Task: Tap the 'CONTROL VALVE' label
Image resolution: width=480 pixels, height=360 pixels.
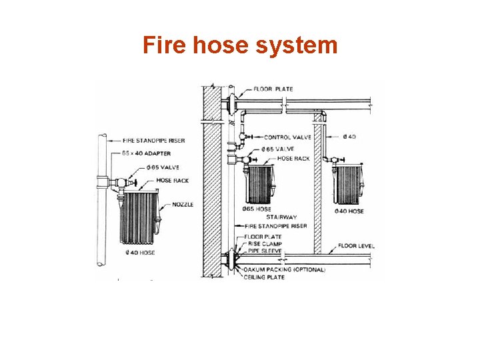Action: [287, 137]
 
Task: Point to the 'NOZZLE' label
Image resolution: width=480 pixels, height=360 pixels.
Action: [183, 205]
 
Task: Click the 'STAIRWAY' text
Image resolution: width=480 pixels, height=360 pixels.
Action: [281, 217]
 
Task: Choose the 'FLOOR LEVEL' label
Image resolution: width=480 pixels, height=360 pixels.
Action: [357, 246]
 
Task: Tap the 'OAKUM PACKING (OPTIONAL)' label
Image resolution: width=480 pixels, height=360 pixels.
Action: [285, 270]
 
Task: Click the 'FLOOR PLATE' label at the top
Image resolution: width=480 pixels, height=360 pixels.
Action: [273, 89]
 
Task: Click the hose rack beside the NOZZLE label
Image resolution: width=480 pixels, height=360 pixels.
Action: [139, 217]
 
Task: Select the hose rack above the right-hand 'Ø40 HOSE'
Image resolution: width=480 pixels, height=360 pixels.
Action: [349, 185]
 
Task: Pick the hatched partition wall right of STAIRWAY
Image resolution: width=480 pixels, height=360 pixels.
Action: [318, 193]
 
